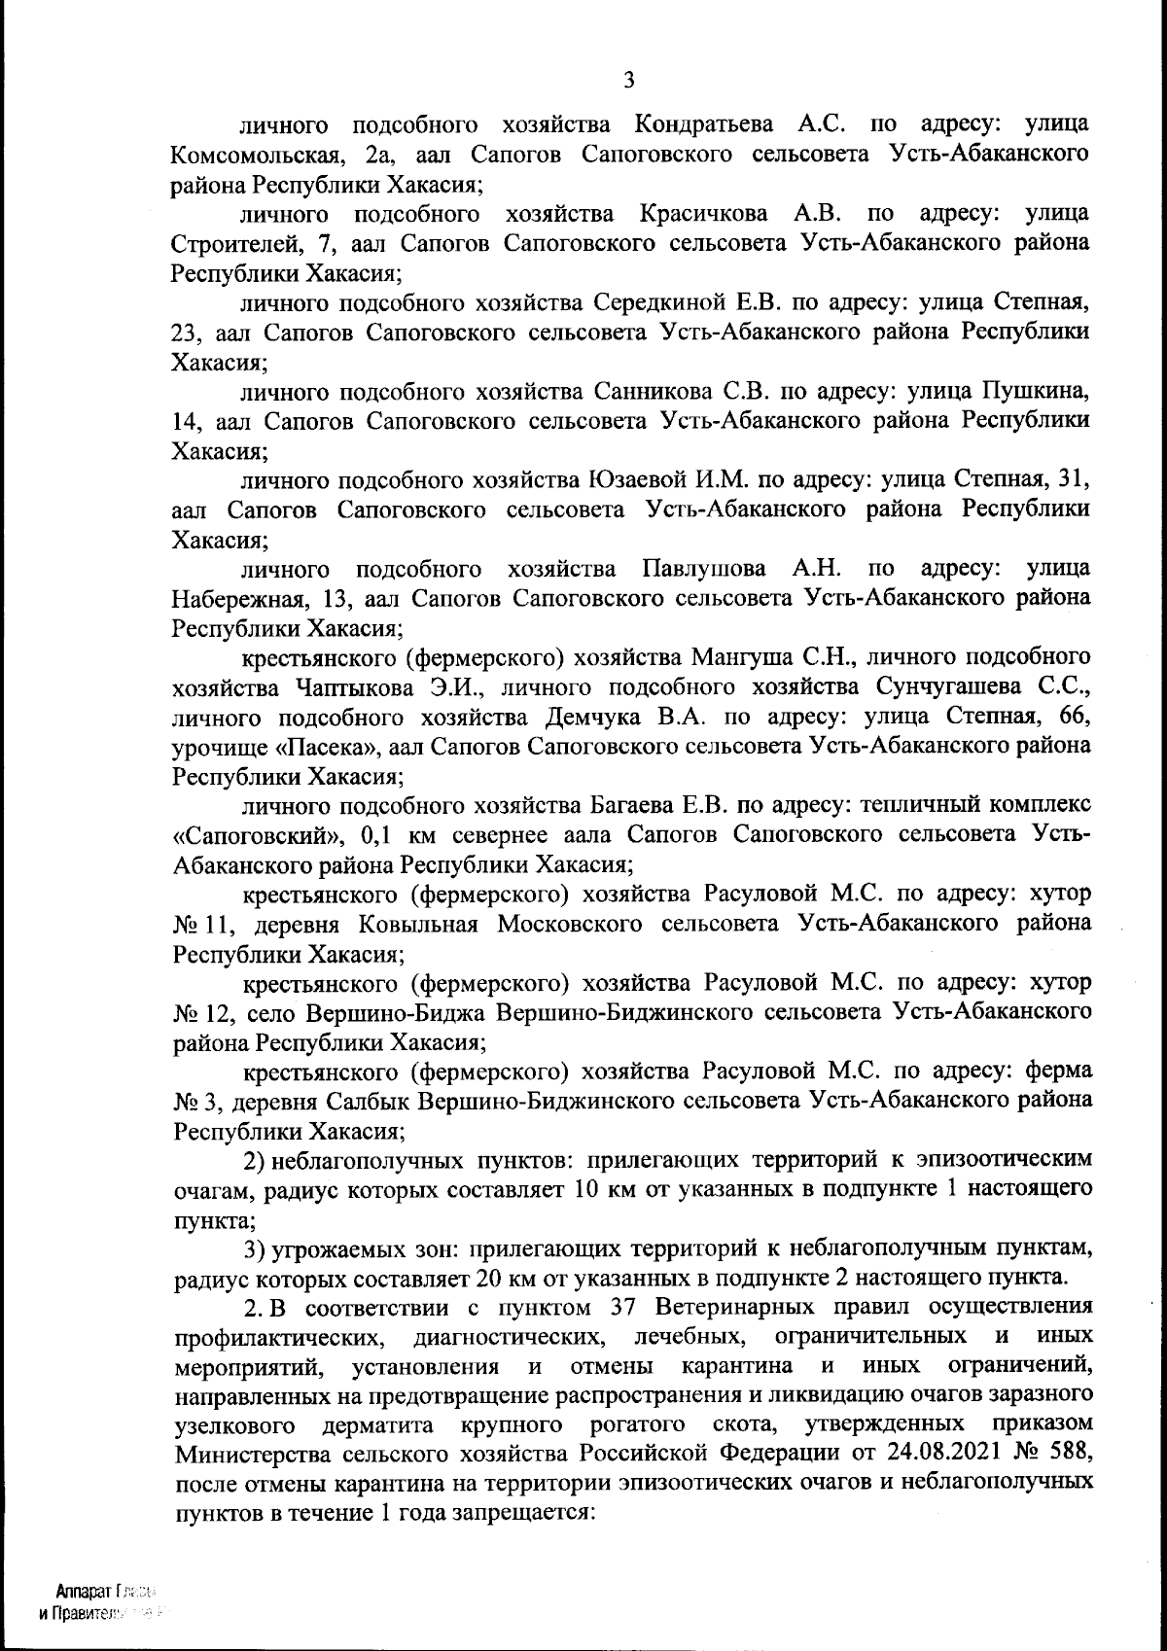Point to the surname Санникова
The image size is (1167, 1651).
click(654, 392)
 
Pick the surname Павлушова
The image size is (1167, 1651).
click(709, 568)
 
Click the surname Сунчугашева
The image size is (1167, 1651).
click(964, 687)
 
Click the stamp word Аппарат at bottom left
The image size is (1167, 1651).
click(83, 1592)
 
